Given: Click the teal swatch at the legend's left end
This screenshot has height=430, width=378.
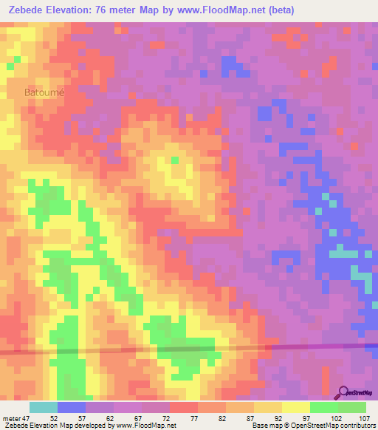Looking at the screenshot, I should [44, 407].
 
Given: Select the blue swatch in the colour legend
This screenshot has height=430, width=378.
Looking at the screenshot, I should [72, 407].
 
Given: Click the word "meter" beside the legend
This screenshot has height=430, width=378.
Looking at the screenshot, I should [11, 417].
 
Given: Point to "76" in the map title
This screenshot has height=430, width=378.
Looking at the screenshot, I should [101, 10].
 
